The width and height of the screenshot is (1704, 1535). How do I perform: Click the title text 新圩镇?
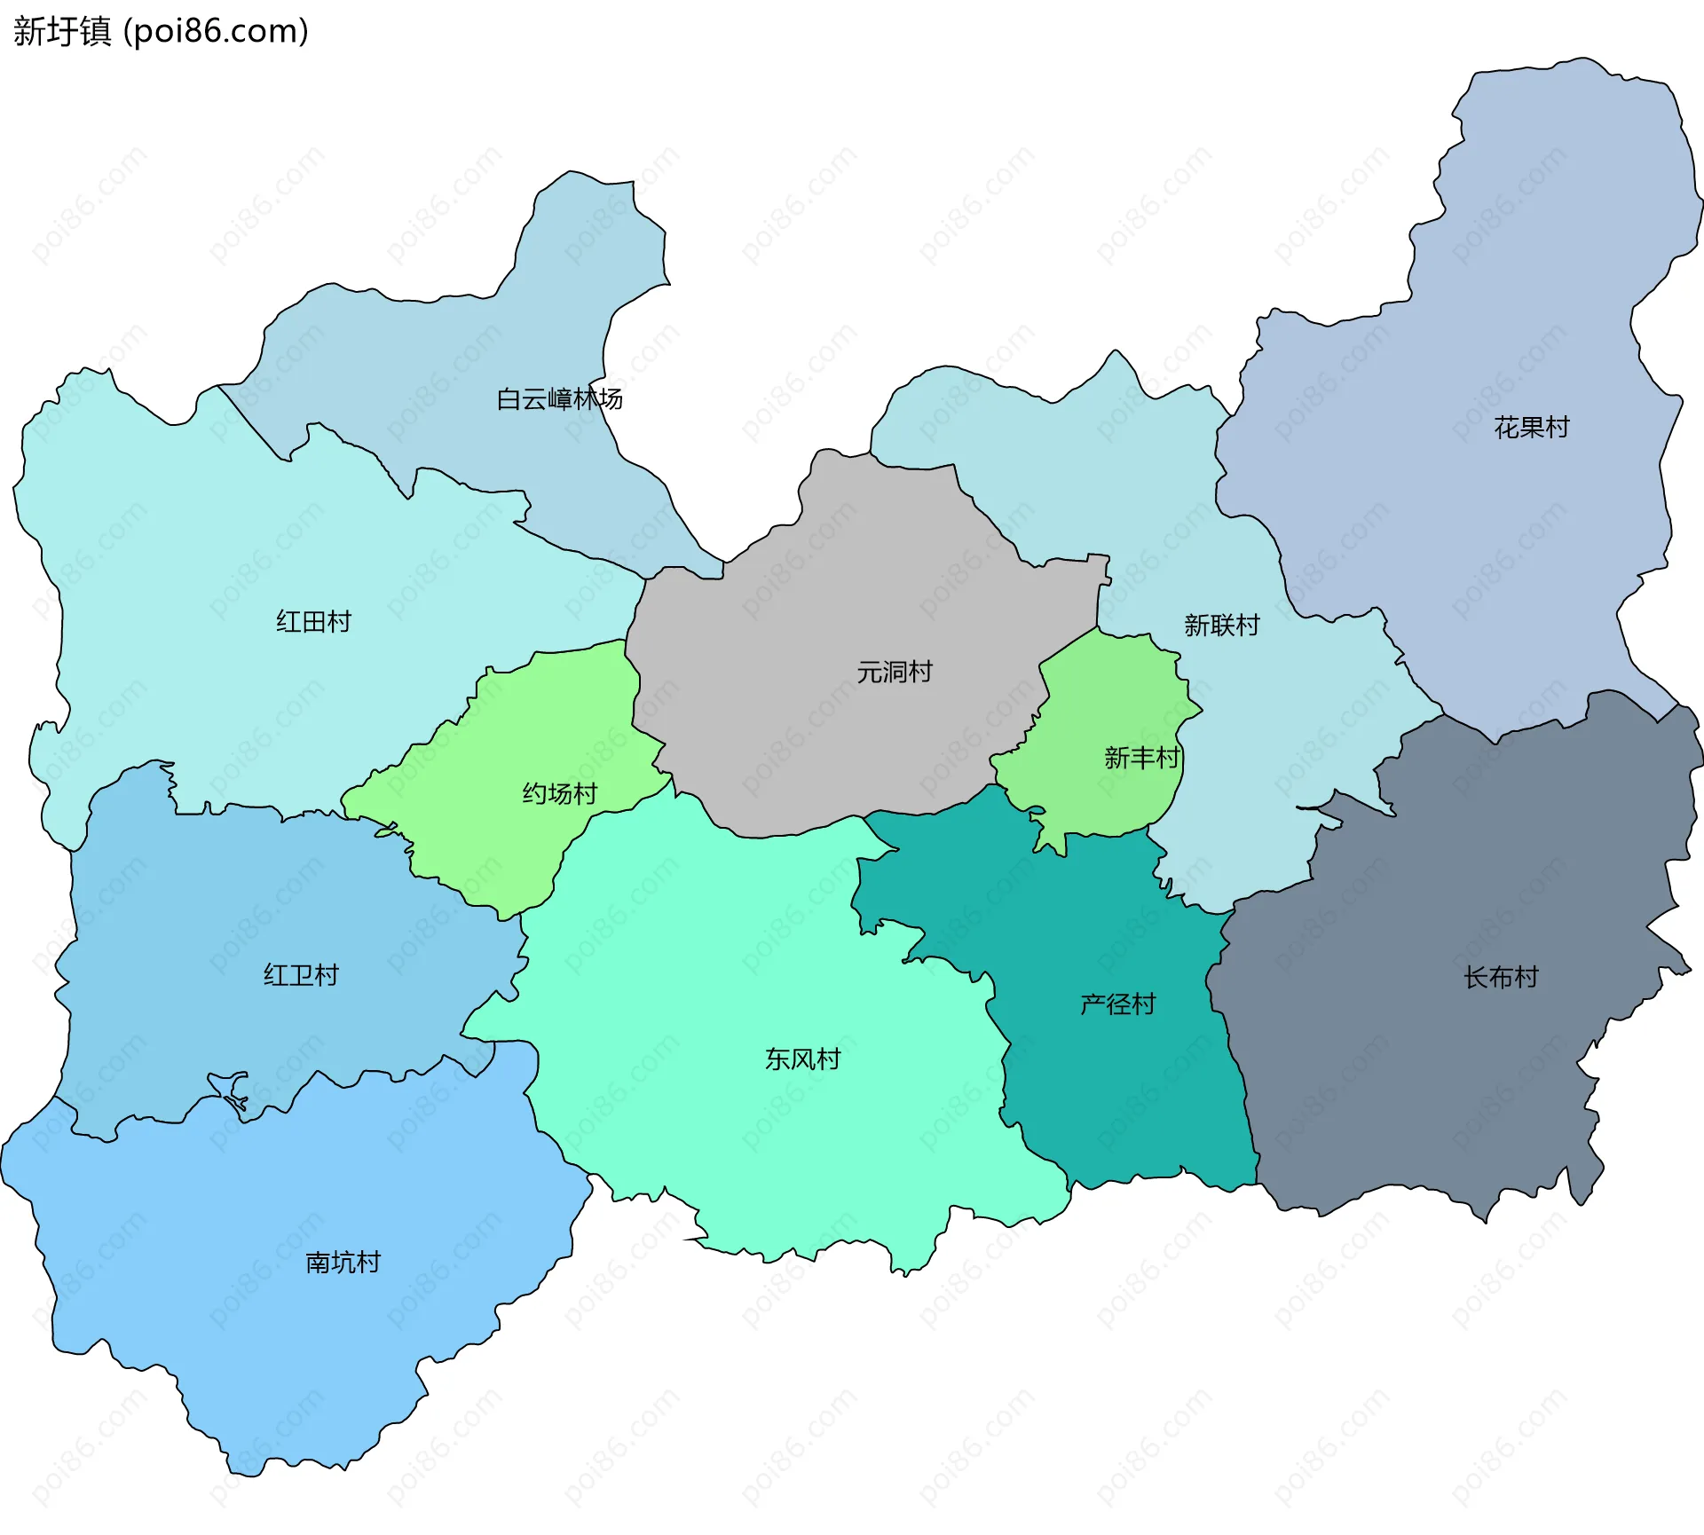[62, 31]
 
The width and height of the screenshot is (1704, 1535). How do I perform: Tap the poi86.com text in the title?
[216, 31]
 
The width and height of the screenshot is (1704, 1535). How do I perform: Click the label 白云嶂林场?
[559, 399]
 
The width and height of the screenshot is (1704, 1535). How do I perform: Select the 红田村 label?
[313, 621]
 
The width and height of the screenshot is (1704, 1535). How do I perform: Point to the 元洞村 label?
[894, 672]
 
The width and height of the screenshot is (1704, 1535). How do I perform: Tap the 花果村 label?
[1531, 428]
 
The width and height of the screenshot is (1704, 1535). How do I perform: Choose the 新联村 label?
[1221, 626]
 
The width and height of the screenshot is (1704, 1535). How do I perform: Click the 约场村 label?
[559, 793]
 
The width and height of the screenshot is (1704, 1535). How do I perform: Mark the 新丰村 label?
[1141, 758]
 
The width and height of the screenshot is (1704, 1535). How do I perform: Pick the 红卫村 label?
[301, 975]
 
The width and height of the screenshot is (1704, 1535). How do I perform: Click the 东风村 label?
[802, 1059]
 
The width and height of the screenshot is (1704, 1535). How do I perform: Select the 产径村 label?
[1117, 1004]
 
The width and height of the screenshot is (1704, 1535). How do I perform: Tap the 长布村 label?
[1501, 978]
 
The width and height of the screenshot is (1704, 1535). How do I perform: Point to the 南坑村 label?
[343, 1262]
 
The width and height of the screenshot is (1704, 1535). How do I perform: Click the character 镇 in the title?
[96, 31]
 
